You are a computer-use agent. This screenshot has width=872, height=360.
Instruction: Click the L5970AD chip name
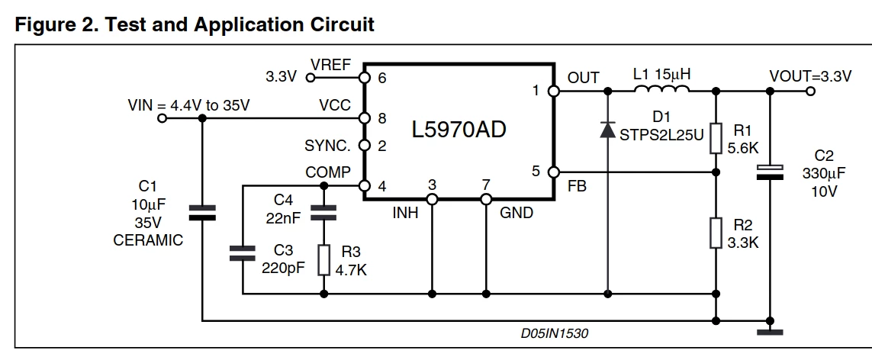pyautogui.click(x=459, y=130)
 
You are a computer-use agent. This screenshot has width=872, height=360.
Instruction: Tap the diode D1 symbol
pyautogui.click(x=607, y=129)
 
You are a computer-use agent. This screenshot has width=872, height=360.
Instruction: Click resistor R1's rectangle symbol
pyautogui.click(x=716, y=138)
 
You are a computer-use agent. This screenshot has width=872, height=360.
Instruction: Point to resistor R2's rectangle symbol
pyautogui.click(x=716, y=233)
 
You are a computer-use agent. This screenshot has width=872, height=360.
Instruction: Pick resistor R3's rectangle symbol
pyautogui.click(x=323, y=259)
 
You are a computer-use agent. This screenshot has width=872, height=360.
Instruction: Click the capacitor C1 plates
pyautogui.click(x=202, y=213)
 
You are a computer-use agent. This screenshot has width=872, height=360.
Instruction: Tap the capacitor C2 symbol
pyautogui.click(x=770, y=172)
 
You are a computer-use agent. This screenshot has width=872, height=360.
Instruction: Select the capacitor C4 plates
pyautogui.click(x=323, y=213)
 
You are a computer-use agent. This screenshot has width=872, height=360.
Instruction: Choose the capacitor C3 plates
pyautogui.click(x=243, y=253)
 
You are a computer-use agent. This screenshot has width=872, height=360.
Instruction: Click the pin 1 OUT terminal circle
pyautogui.click(x=553, y=91)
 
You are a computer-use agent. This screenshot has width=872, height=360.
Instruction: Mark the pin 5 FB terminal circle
pyautogui.click(x=553, y=172)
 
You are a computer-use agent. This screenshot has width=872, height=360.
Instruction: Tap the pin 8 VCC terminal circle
pyautogui.click(x=364, y=118)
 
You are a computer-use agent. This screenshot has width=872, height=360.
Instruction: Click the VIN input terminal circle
pyautogui.click(x=162, y=118)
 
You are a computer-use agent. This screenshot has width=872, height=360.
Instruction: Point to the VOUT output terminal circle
pyautogui.click(x=810, y=91)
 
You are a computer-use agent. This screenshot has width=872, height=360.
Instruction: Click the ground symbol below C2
pyautogui.click(x=770, y=333)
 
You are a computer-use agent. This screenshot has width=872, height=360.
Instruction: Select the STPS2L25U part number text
pyautogui.click(x=661, y=135)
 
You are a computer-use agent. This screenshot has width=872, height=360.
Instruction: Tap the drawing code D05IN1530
pyautogui.click(x=555, y=333)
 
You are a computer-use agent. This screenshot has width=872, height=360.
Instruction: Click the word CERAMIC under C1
pyautogui.click(x=148, y=240)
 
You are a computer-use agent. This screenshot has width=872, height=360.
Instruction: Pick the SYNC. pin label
pyautogui.click(x=327, y=146)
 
